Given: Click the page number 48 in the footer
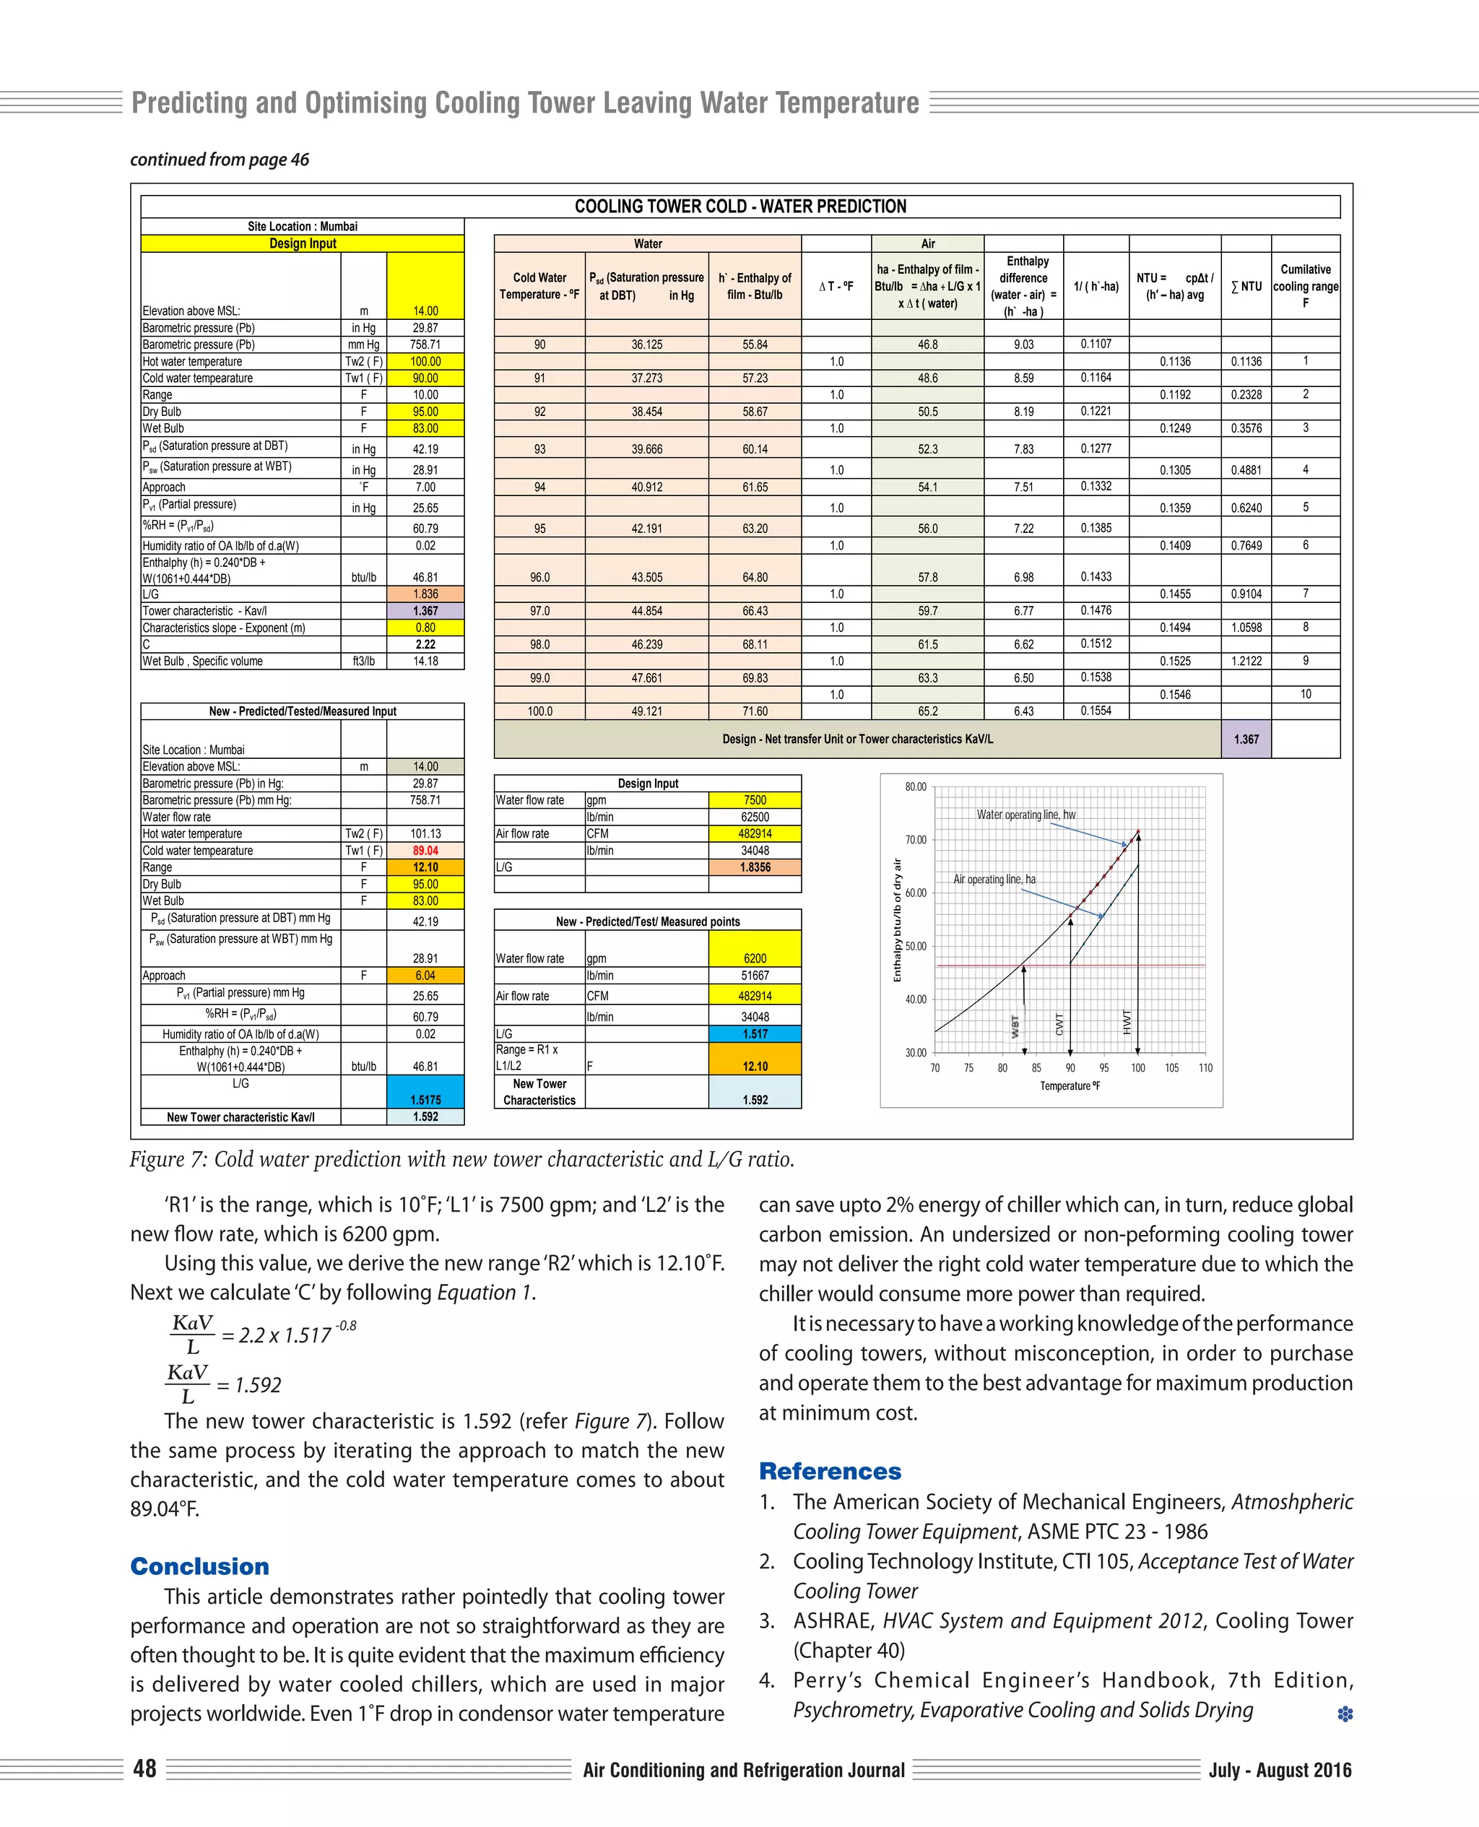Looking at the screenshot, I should tap(145, 1769).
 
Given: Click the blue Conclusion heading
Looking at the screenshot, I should tap(199, 1566).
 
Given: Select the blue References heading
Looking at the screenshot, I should tap(830, 1471).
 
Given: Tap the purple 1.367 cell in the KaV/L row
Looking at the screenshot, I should tap(1246, 739).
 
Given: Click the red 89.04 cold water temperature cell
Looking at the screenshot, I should tap(425, 850).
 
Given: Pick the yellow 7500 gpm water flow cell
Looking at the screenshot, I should tap(754, 800).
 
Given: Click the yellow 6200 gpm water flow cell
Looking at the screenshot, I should tap(754, 958).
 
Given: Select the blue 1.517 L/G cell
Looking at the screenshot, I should tap(754, 1033).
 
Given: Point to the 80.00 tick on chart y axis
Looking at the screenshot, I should tap(915, 787).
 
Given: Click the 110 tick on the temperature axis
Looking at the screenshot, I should tap(1205, 1067).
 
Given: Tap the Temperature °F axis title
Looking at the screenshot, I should tap(1070, 1086).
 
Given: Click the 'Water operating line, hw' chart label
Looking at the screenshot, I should tap(1025, 815).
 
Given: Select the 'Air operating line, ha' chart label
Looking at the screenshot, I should tap(994, 879).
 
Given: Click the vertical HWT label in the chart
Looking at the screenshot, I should tap(1127, 1021).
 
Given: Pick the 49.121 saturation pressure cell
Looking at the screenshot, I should tap(646, 711).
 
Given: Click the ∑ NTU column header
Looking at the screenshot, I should tap(1246, 286).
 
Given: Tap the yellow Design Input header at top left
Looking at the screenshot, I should tap(303, 243).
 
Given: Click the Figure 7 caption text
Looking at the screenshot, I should tap(461, 1159).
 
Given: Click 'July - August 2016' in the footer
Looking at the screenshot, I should tap(1280, 1770).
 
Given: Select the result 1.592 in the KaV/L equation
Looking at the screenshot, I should tap(257, 1385).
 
